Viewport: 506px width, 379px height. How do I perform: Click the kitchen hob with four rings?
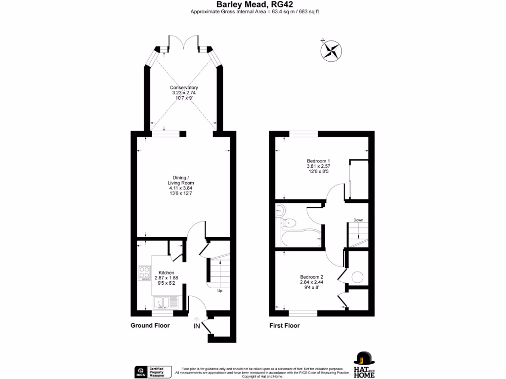[x=144, y=272]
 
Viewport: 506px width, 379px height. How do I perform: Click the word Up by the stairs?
[x=220, y=291]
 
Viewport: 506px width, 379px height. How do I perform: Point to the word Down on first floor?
[x=358, y=220]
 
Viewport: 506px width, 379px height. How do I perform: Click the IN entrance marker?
[x=196, y=326]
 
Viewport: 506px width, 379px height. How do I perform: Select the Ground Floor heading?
[x=150, y=326]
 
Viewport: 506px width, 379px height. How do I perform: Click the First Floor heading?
[x=284, y=326]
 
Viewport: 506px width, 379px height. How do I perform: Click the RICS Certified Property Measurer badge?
[x=153, y=372]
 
